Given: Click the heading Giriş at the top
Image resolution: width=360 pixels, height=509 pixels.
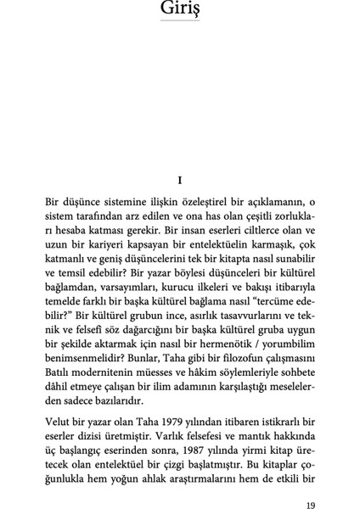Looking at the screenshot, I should click(x=180, y=9).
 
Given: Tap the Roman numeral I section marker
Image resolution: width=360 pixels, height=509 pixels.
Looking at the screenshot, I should click(x=180, y=181).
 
